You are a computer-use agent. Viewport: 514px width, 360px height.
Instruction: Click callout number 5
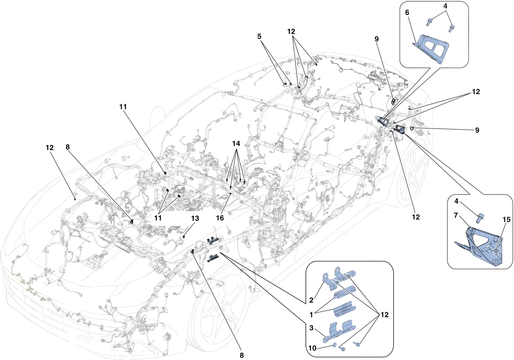click(259, 36)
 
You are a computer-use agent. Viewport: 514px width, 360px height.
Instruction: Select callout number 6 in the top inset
click(407, 13)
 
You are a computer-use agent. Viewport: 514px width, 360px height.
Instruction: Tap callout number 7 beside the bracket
click(456, 215)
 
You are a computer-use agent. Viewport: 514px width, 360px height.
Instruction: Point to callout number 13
click(195, 218)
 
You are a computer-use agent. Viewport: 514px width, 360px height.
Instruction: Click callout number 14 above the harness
click(236, 143)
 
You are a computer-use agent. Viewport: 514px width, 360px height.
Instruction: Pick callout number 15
click(506, 220)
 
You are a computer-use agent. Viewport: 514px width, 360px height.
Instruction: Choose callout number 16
click(220, 218)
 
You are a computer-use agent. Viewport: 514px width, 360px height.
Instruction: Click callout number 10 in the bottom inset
click(312, 348)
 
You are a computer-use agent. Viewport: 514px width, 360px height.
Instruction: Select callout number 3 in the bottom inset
click(311, 328)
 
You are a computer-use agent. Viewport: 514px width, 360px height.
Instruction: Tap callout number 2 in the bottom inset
click(311, 300)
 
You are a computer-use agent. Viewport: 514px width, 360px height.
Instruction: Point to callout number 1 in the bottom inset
click(311, 315)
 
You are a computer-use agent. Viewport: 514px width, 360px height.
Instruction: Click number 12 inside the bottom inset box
click(385, 315)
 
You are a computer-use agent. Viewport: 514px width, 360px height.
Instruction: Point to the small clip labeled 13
click(184, 236)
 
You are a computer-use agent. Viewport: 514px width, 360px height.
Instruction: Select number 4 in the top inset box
click(445, 6)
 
